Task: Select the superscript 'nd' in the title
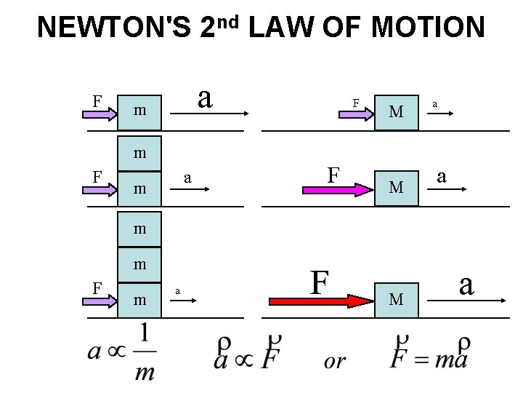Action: coord(227,21)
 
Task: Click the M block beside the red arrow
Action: coord(396,299)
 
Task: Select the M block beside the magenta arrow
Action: coord(396,188)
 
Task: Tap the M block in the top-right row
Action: coord(396,111)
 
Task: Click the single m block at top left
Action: coord(140,111)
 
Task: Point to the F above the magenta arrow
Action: coord(333,174)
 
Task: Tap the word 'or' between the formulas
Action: coord(335,361)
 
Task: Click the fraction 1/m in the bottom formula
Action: coord(145,352)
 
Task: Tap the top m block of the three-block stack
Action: coord(140,228)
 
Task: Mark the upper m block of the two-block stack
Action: coord(140,154)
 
